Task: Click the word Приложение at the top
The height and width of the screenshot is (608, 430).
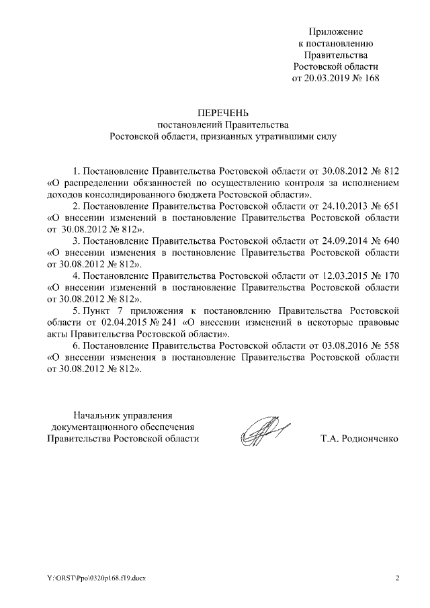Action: coord(335,32)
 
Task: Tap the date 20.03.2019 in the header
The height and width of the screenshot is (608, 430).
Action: coord(329,78)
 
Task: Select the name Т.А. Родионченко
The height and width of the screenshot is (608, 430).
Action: coord(360,439)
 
